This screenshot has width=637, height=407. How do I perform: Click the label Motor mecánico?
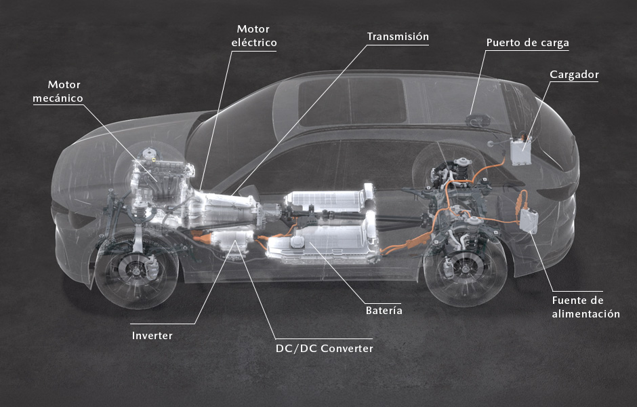pyautogui.click(x=58, y=92)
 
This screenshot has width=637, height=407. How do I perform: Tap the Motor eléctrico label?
pyautogui.click(x=254, y=36)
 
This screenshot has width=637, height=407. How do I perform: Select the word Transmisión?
pyautogui.click(x=398, y=37)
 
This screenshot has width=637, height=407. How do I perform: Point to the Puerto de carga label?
pyautogui.click(x=527, y=43)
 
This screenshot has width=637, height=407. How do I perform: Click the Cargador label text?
pyautogui.click(x=574, y=75)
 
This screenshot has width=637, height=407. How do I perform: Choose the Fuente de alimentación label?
pyautogui.click(x=585, y=307)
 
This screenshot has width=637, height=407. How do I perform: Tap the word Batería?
pyautogui.click(x=384, y=311)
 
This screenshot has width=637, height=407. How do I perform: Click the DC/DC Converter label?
pyautogui.click(x=324, y=349)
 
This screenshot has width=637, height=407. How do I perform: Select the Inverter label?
pyautogui.click(x=152, y=336)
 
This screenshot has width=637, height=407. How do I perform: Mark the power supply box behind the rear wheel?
pyautogui.click(x=529, y=220)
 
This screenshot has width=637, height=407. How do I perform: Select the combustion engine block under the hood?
pyautogui.click(x=161, y=179)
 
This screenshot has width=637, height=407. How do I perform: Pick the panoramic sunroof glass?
pyautogui.click(x=352, y=102)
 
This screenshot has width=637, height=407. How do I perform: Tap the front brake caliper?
pyautogui.click(x=152, y=267)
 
